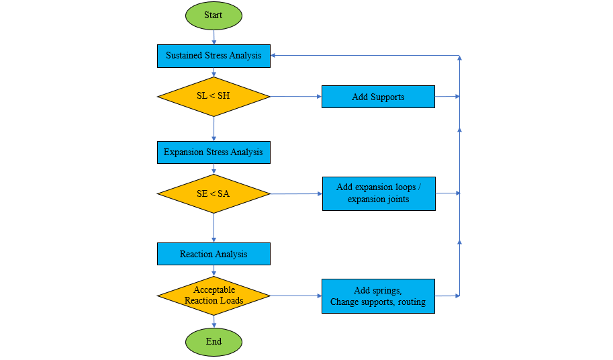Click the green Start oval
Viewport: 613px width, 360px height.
214,15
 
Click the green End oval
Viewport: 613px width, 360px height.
214,342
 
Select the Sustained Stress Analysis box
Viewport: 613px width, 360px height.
214,56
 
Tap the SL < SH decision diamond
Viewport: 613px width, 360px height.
214,97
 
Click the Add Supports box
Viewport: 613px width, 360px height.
378,97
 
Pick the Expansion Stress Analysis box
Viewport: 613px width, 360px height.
214,152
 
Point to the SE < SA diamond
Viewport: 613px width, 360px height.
214,194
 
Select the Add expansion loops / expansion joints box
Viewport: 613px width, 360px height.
379,193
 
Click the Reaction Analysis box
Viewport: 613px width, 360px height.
214,254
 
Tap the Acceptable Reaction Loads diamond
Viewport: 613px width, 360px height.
214,296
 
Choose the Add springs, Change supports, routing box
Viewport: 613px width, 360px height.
378,296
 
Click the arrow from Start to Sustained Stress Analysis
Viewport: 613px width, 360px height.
214,37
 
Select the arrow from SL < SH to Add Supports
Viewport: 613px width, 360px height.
295,97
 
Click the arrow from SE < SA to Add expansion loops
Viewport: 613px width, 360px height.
295,194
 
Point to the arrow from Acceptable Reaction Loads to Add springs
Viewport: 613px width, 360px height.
295,296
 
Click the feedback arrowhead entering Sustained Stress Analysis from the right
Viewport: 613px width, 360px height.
275,56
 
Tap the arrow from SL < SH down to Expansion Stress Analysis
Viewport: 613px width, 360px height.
214,128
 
